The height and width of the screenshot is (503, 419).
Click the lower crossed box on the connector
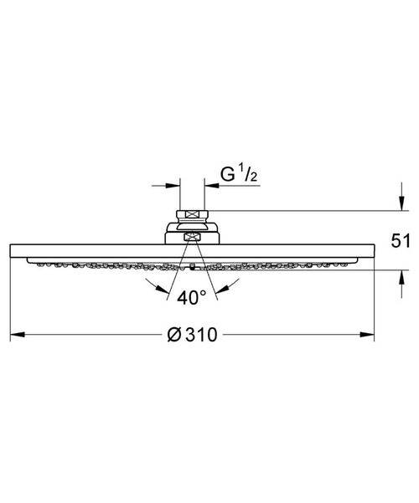click(x=192, y=238)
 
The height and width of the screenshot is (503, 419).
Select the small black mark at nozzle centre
click(x=192, y=269)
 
